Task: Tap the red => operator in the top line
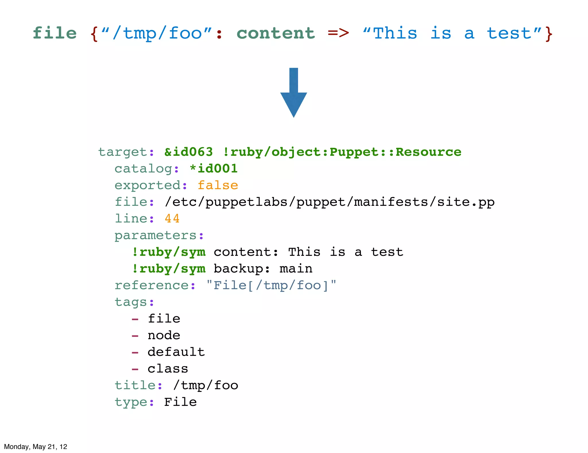click(338, 33)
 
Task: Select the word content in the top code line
click(276, 33)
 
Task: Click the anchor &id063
click(188, 152)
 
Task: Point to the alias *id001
click(214, 168)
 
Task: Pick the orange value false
click(218, 185)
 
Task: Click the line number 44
click(172, 219)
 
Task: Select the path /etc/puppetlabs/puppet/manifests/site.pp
click(330, 202)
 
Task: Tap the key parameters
click(155, 235)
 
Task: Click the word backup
click(238, 269)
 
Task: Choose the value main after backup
click(296, 269)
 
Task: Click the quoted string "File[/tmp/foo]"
click(271, 285)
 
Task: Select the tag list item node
click(164, 335)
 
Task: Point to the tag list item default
click(176, 352)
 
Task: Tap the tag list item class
click(168, 369)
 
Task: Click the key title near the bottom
click(135, 385)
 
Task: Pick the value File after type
click(180, 402)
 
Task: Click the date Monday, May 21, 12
click(36, 446)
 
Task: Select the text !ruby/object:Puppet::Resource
click(342, 152)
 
